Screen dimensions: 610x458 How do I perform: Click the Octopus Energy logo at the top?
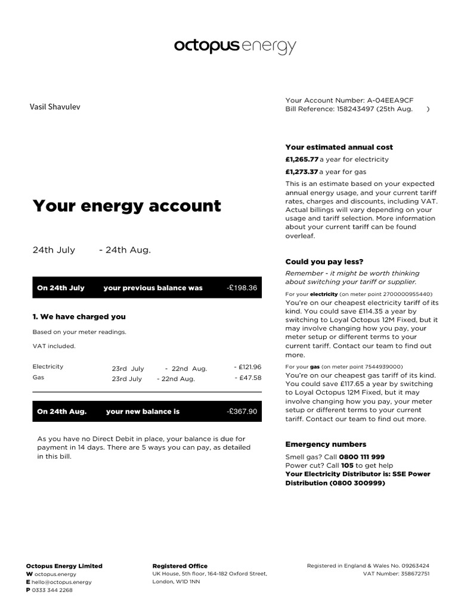pos(234,46)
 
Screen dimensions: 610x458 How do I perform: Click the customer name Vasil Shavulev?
pos(55,107)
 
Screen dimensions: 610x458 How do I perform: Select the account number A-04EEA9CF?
pos(390,100)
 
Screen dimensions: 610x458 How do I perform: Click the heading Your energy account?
pos(126,206)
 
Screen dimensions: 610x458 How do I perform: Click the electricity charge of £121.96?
pos(249,367)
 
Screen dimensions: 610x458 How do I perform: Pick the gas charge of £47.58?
pos(250,378)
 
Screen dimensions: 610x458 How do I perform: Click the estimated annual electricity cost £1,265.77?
pos(302,160)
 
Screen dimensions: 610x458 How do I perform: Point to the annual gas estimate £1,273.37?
pos(302,172)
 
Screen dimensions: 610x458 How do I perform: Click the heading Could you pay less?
pos(324,262)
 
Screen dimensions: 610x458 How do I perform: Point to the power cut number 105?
pos(347,465)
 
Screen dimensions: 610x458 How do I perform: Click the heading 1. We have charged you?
pos(79,316)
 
